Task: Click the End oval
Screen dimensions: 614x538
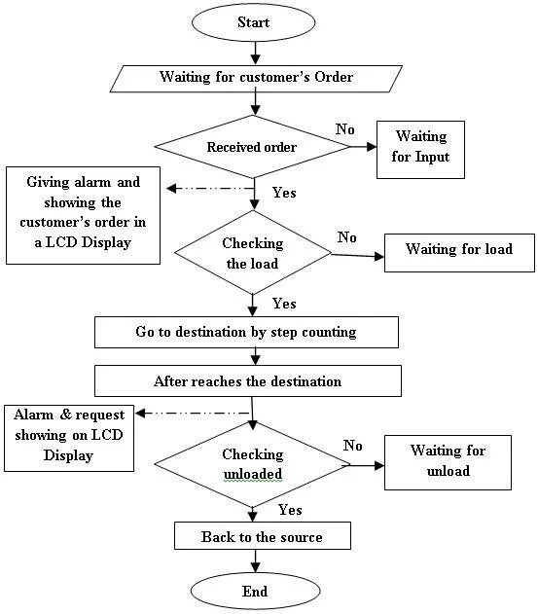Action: coord(254,590)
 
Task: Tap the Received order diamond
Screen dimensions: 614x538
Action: coord(253,148)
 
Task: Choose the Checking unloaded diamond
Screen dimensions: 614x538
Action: coord(252,464)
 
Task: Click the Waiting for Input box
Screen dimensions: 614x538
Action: coord(421,148)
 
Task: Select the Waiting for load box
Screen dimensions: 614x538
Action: coord(458,249)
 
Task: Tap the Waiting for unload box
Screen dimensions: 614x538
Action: coord(448,460)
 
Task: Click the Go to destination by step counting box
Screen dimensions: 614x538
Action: coord(246,332)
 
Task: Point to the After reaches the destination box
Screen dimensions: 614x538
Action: coord(247,381)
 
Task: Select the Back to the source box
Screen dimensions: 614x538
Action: coord(261,536)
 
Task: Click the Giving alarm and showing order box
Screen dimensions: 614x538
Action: coord(82,214)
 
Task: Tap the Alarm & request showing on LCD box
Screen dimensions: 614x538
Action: coord(67,434)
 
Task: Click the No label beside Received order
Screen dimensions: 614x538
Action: coord(344,129)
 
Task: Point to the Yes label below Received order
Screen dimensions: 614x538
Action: coord(284,193)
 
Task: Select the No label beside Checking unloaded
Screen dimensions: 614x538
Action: coord(353,445)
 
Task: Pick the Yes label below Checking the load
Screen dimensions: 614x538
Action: coord(284,304)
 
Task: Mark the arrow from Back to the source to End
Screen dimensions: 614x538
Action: coord(254,560)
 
